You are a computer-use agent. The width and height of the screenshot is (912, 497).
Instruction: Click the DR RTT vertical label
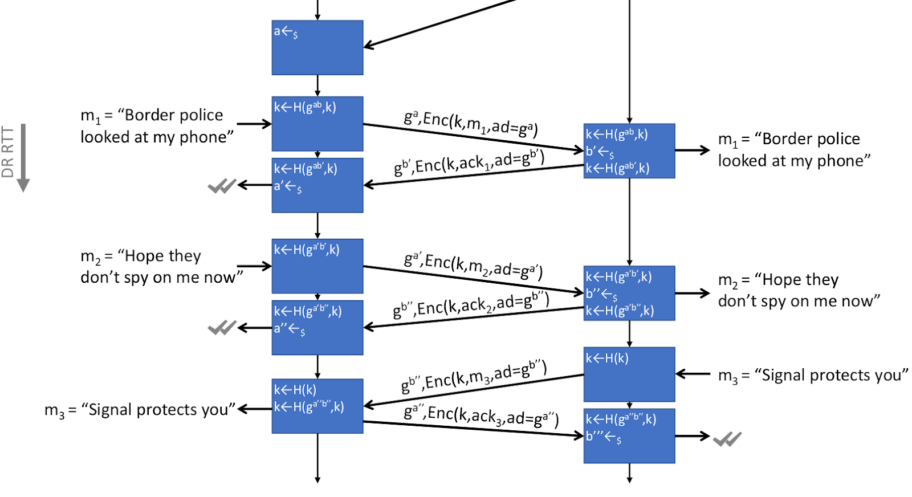(x=7, y=152)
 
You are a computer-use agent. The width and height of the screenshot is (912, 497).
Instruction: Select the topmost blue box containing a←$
(x=317, y=47)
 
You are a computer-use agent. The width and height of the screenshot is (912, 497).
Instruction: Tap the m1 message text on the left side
(x=157, y=126)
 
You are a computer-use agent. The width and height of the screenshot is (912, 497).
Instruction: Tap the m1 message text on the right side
(x=794, y=150)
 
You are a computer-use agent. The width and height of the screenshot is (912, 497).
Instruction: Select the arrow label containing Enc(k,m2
(x=473, y=265)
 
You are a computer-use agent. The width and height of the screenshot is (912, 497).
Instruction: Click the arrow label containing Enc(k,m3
(x=474, y=377)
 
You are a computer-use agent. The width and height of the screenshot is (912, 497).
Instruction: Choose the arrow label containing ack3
(x=481, y=416)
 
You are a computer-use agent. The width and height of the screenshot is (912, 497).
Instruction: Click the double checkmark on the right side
(x=727, y=439)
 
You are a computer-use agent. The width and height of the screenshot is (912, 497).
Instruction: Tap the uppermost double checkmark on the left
(x=222, y=186)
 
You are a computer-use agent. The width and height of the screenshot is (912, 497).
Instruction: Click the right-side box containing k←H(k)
(x=629, y=374)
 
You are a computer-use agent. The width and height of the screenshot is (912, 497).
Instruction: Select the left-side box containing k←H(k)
(x=317, y=406)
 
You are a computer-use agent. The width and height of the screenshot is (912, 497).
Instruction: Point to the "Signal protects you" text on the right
(x=813, y=375)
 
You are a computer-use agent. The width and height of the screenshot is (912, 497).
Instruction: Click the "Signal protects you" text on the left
(x=140, y=410)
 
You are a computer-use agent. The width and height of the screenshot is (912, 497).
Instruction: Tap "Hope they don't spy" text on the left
(x=161, y=267)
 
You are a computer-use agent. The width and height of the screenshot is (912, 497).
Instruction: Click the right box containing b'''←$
(x=629, y=436)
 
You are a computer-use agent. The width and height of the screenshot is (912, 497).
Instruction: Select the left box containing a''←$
(x=317, y=328)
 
